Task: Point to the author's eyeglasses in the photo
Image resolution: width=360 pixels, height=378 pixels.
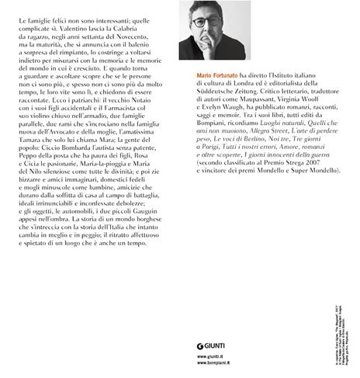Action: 215,22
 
